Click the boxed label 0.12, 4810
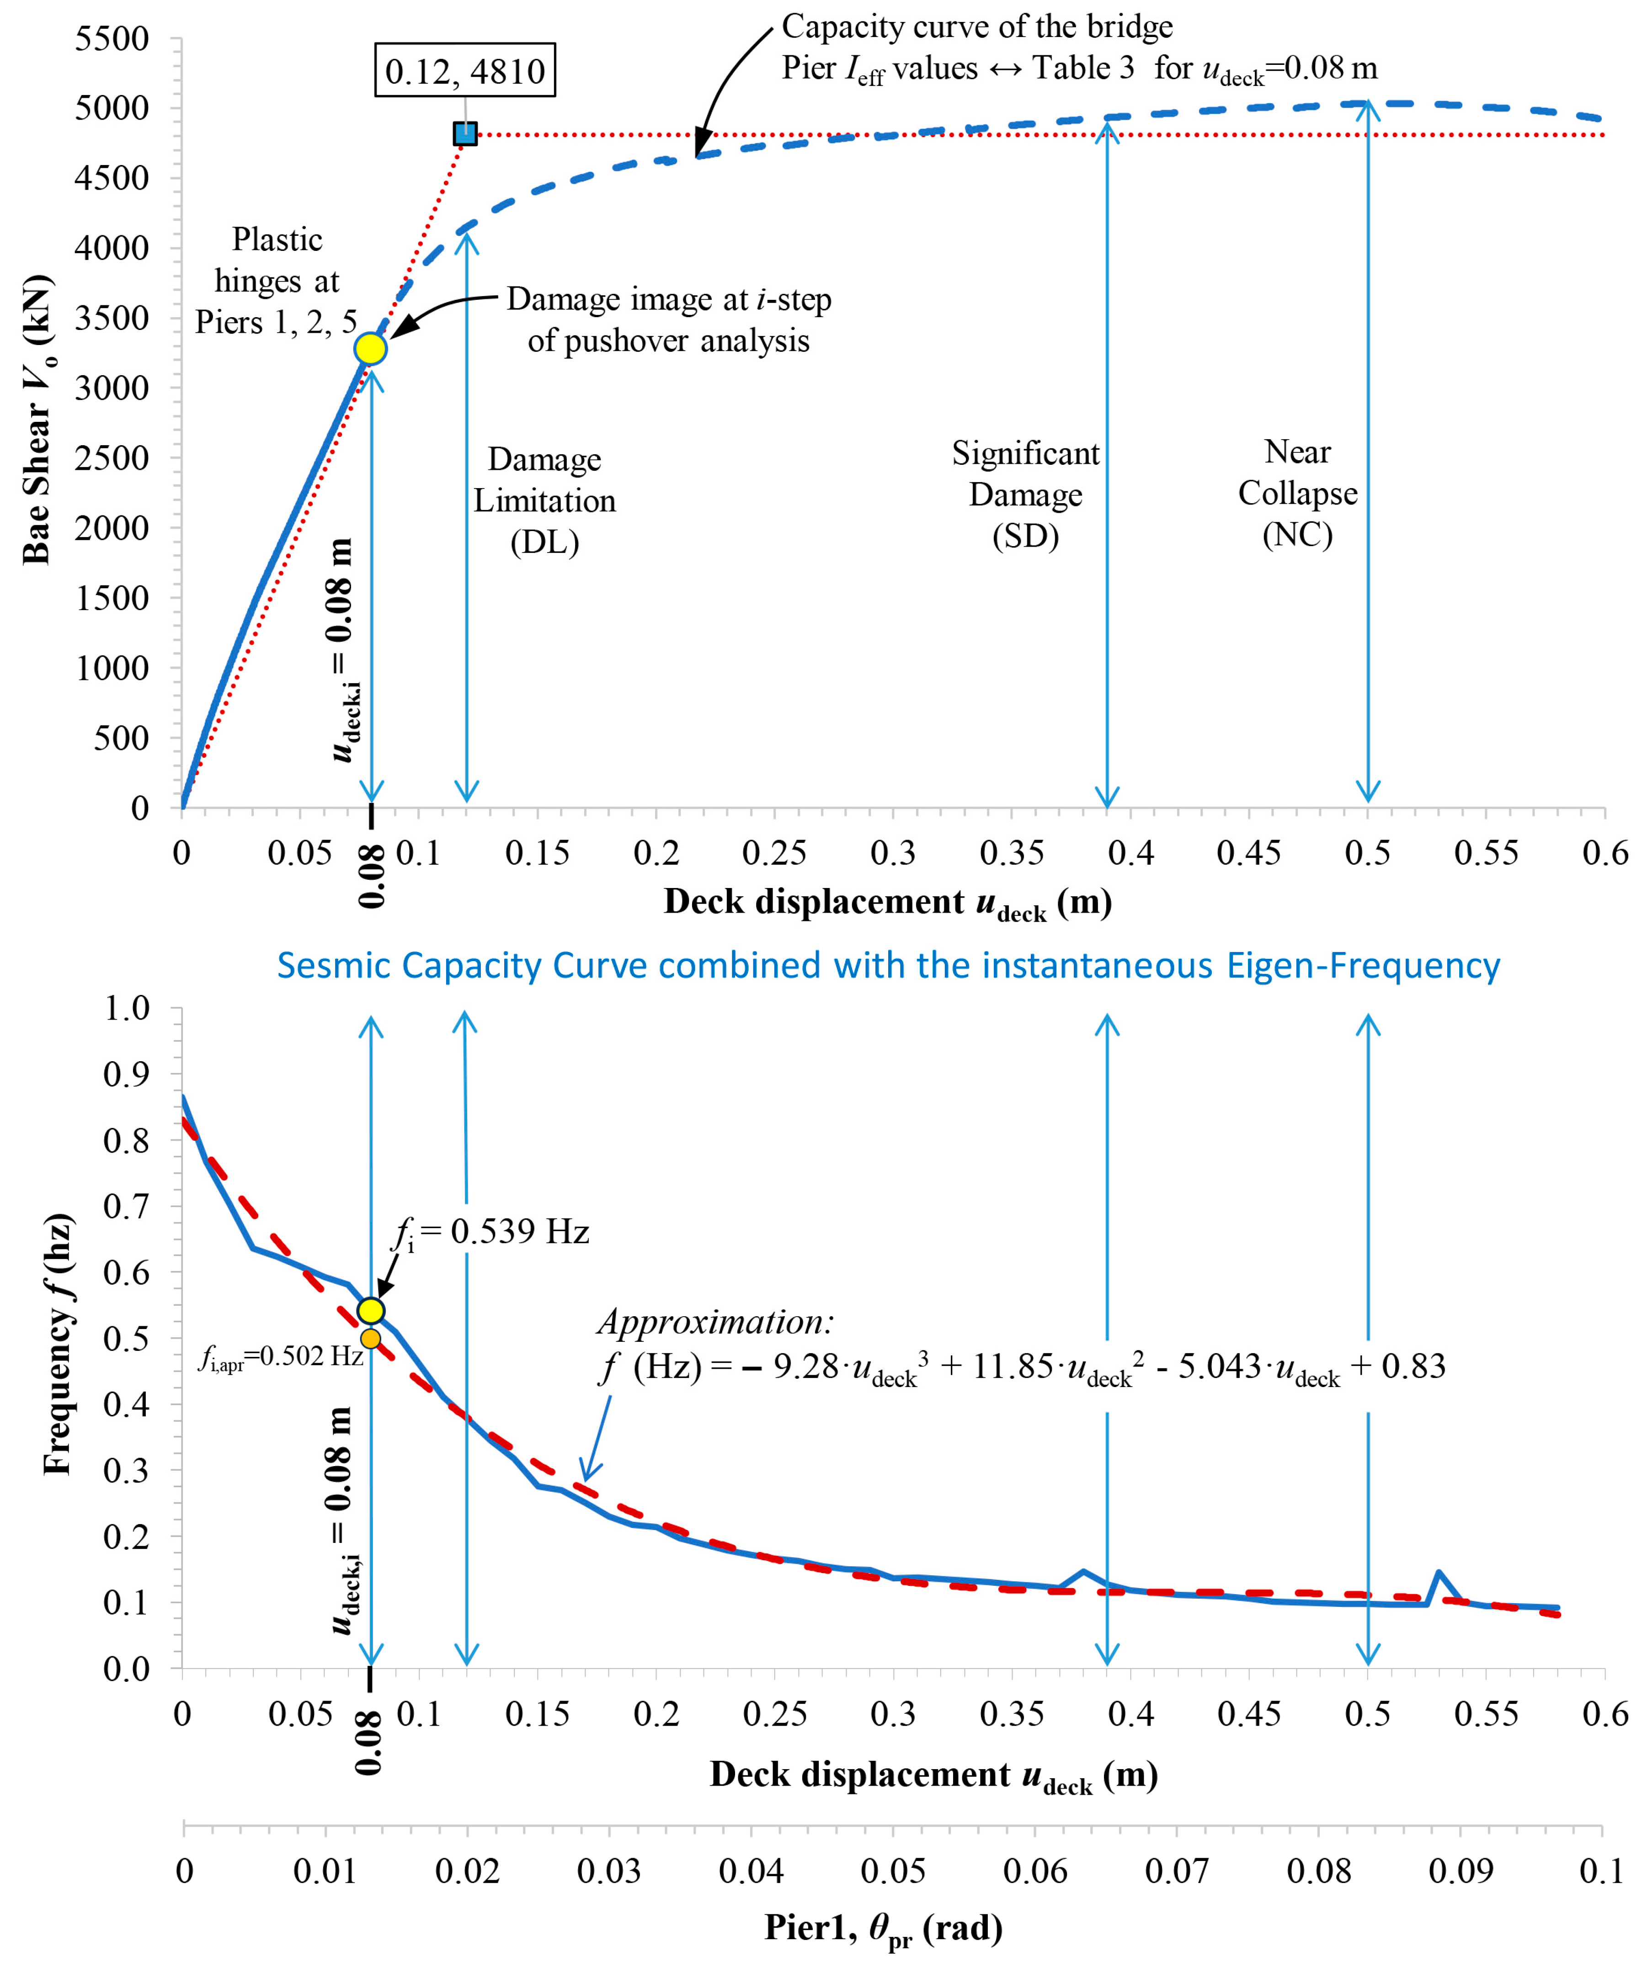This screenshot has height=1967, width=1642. pyautogui.click(x=464, y=70)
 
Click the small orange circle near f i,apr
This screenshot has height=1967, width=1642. pyautogui.click(x=371, y=1339)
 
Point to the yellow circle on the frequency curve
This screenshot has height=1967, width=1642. pyautogui.click(x=371, y=1310)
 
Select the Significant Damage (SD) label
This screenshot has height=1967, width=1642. pyautogui.click(x=1026, y=494)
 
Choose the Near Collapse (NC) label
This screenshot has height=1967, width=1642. pyautogui.click(x=1297, y=494)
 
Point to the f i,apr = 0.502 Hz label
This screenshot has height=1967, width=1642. pyautogui.click(x=280, y=1357)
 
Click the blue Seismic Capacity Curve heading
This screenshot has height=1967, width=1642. pyautogui.click(x=888, y=966)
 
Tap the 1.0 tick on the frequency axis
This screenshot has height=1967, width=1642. pyautogui.click(x=127, y=1009)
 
